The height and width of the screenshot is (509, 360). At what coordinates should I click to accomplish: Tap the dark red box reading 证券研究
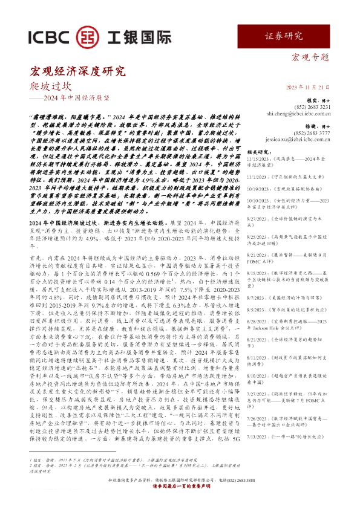click(x=284, y=36)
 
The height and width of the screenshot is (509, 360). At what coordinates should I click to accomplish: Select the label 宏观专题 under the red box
click(x=311, y=59)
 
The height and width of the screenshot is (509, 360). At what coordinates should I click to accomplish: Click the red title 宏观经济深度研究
click(x=78, y=72)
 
